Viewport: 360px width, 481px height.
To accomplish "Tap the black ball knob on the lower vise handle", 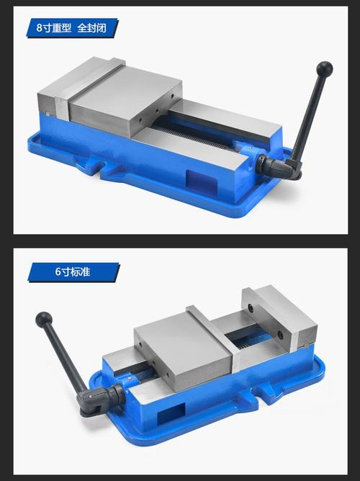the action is (x=43, y=320).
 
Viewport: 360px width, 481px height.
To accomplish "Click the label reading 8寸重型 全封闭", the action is (x=71, y=28).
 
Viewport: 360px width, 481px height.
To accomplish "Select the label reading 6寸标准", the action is (x=73, y=271).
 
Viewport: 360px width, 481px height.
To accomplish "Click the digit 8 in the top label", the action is (x=40, y=28).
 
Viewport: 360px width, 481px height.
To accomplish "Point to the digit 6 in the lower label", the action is (x=58, y=271).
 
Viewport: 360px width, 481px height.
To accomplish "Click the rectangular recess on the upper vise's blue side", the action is (x=202, y=181).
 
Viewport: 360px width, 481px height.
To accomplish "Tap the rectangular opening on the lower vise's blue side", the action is (x=171, y=413).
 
